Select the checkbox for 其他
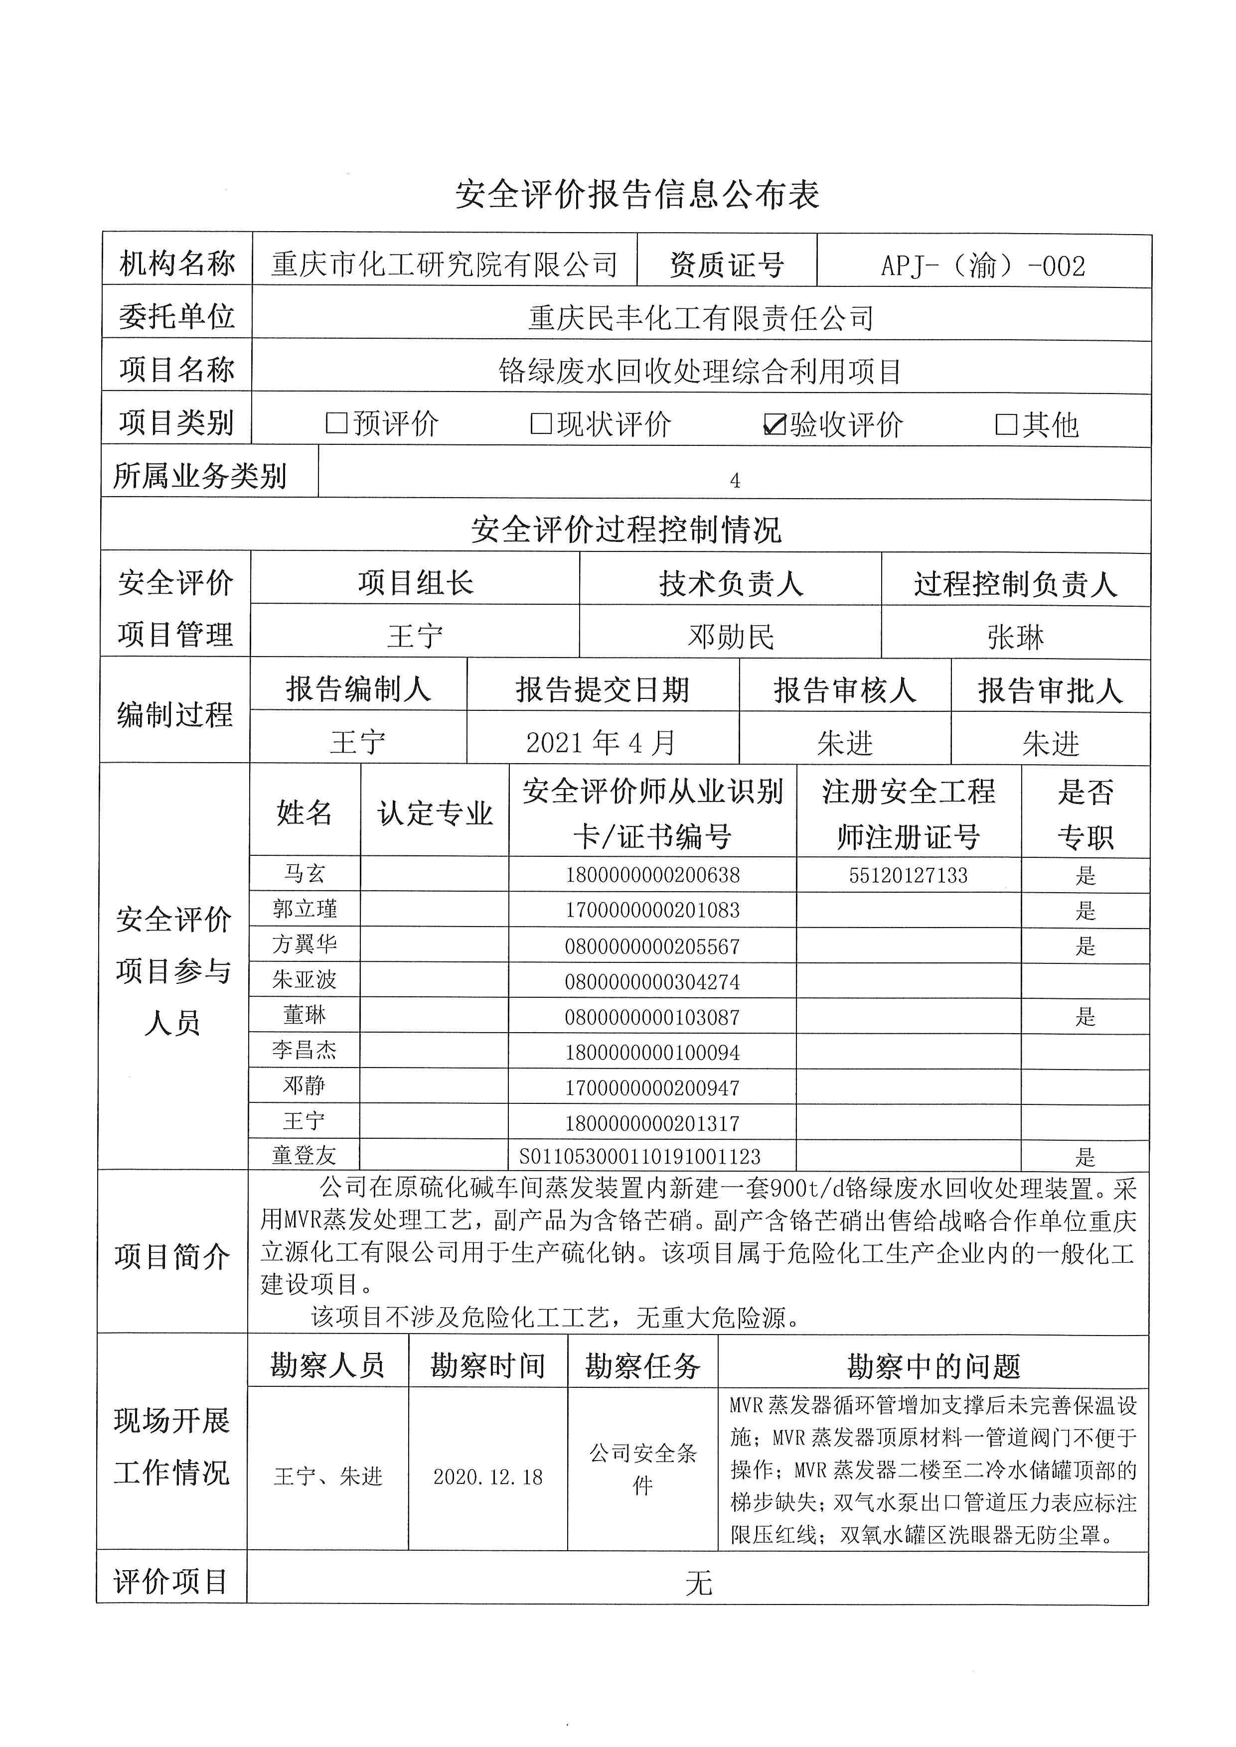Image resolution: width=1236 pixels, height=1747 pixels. (x=1006, y=424)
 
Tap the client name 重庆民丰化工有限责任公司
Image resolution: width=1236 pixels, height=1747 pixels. (x=700, y=318)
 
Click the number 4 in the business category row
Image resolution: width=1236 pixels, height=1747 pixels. (x=735, y=481)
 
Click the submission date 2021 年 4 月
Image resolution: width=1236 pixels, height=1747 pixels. (x=601, y=742)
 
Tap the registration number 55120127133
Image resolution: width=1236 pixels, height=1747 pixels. (x=908, y=875)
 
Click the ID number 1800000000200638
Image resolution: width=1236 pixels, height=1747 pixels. (x=652, y=875)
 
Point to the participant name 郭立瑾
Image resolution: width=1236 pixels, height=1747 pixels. (x=305, y=909)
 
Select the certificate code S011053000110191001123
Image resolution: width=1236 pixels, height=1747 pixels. (x=639, y=1157)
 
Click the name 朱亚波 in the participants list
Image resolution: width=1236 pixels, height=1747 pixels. (x=305, y=980)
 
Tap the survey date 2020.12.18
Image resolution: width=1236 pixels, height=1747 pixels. (x=488, y=1477)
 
